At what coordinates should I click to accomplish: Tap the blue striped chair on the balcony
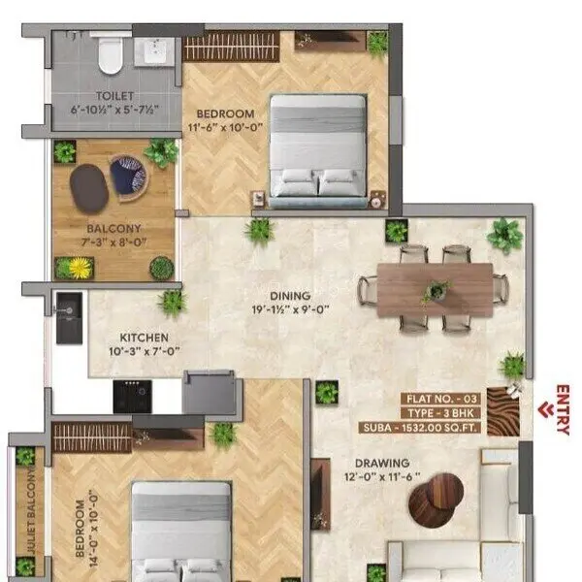(x=127, y=176)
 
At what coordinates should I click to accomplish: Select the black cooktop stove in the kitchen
(x=132, y=396)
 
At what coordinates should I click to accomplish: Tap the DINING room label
(x=291, y=296)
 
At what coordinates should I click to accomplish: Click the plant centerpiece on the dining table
(x=436, y=288)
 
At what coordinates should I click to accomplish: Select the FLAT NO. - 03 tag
(x=441, y=398)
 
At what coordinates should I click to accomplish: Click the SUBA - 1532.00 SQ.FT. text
(x=432, y=426)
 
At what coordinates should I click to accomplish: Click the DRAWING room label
(x=380, y=463)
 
